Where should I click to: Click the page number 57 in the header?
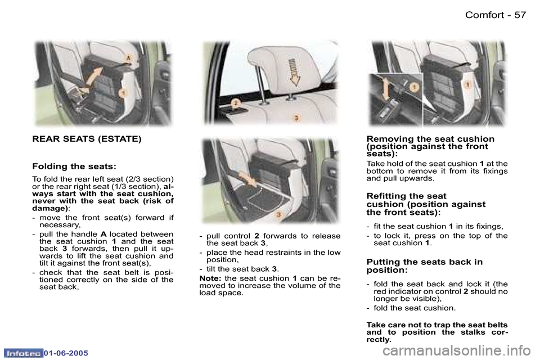point(520,15)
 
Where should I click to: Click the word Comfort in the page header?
point(485,15)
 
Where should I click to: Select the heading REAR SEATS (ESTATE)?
point(87,138)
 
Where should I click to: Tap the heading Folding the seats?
point(74,166)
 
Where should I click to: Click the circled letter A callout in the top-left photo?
point(129,58)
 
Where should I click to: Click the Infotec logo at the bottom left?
point(23,353)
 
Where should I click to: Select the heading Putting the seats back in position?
point(424,265)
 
